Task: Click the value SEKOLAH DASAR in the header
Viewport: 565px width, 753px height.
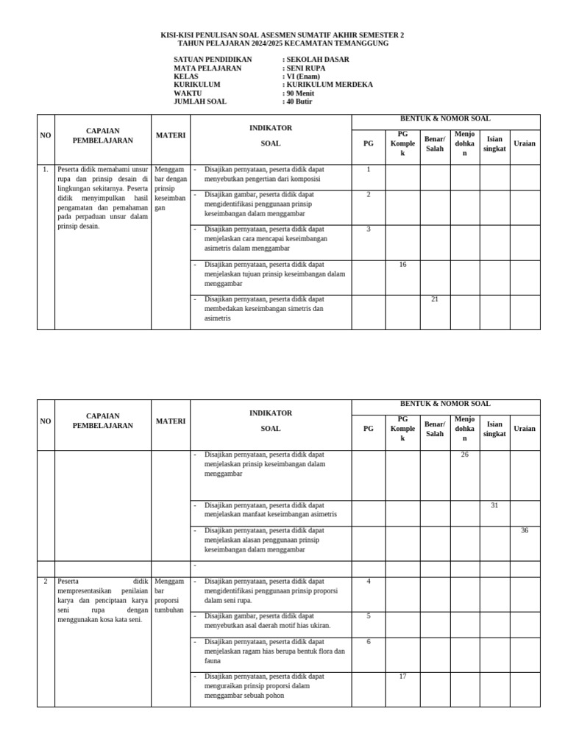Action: [317, 60]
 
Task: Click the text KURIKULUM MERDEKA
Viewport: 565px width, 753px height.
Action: [329, 85]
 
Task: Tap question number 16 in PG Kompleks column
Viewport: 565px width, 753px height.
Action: [402, 265]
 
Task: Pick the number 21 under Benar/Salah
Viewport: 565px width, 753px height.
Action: [435, 299]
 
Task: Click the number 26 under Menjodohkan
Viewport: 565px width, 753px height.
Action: [464, 455]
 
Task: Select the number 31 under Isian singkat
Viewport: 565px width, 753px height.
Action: [494, 505]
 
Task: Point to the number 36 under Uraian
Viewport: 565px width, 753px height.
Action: [525, 530]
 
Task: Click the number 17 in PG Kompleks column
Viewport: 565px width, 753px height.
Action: [402, 677]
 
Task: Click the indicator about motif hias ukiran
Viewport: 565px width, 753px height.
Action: [267, 621]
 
